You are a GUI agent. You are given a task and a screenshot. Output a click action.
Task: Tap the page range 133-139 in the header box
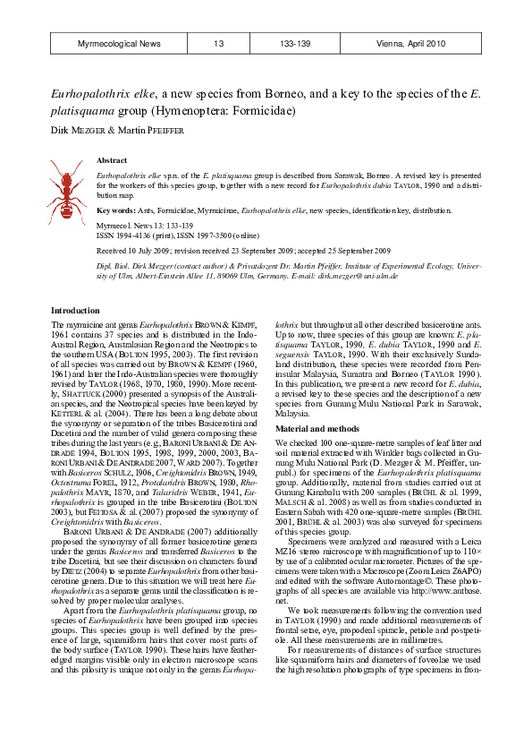tap(295, 44)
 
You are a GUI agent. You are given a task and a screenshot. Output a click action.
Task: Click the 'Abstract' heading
tap(111, 160)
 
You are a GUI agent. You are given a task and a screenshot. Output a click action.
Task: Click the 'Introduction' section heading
tap(75, 310)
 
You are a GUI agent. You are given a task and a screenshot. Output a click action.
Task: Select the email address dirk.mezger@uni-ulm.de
tap(356, 276)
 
